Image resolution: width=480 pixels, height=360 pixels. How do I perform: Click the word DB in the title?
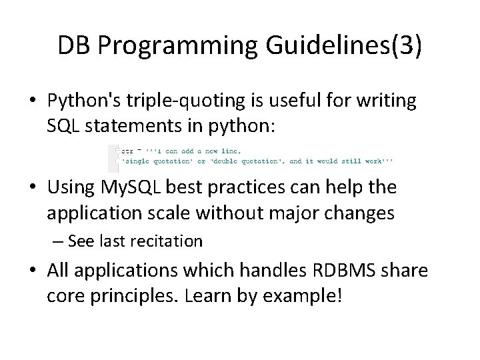[74, 45]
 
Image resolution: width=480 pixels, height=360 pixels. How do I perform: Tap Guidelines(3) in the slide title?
[343, 45]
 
